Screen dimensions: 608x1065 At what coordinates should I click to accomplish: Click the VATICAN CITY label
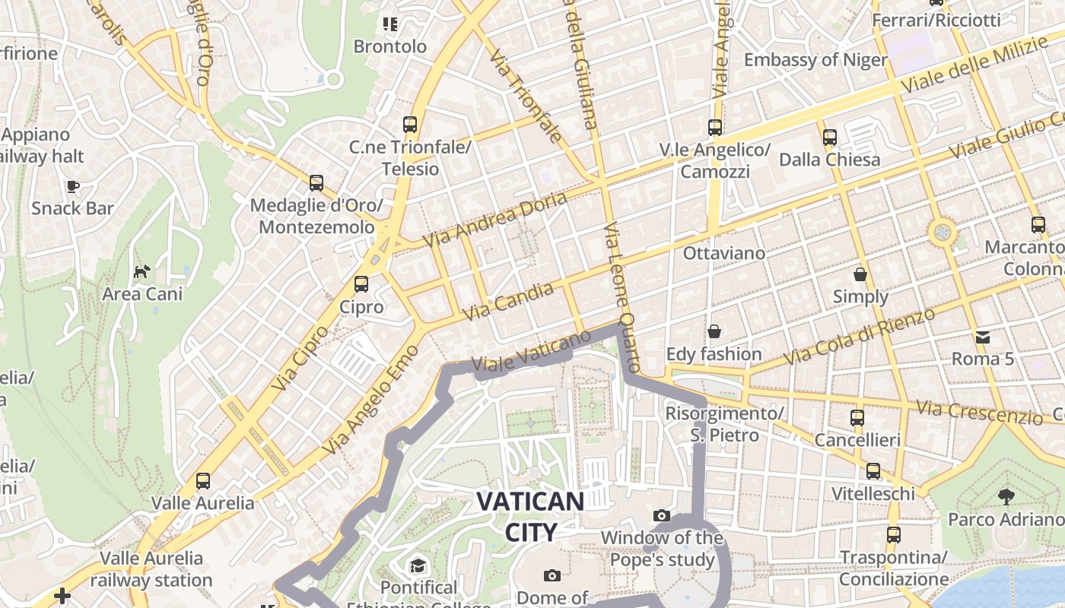click(530, 516)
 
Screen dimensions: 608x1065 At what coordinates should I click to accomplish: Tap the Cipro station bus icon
click(361, 284)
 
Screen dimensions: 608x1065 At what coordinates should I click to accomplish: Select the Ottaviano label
click(724, 253)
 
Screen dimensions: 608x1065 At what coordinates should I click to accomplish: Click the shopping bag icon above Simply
click(860, 274)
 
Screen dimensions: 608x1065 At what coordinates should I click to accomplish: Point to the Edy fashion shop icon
click(714, 331)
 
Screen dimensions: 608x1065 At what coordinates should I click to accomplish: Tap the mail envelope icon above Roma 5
click(983, 337)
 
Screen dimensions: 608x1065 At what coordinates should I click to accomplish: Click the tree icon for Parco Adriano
click(1006, 497)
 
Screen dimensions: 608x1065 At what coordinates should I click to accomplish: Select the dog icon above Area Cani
click(142, 271)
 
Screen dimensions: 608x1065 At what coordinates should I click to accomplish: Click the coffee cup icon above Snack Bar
click(72, 186)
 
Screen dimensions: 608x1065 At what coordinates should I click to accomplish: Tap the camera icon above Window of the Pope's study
click(662, 516)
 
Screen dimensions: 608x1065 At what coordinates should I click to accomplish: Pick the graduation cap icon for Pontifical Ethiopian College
click(418, 565)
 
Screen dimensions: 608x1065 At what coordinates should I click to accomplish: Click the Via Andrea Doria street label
click(495, 219)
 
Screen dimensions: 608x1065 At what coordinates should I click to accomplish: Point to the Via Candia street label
click(508, 301)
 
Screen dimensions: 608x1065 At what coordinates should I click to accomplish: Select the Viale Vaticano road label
click(532, 352)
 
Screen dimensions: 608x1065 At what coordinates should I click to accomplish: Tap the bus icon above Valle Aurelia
click(202, 480)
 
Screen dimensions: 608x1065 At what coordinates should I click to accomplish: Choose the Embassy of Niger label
click(815, 60)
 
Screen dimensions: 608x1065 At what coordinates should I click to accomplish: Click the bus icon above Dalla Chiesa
click(829, 138)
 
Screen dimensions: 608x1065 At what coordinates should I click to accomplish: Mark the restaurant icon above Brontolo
click(390, 24)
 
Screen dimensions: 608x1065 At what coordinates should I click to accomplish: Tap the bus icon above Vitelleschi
click(873, 471)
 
